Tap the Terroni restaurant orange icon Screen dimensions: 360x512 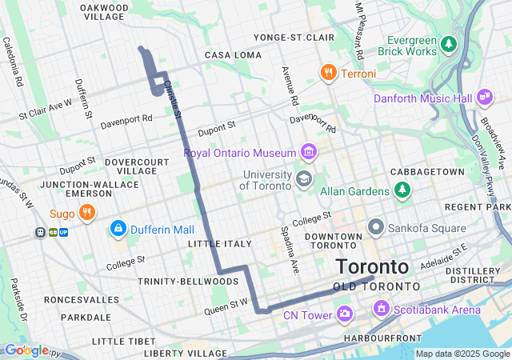tap(328, 74)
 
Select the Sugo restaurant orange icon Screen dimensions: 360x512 tap(87, 213)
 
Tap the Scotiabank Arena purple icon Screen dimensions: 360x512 tap(381, 308)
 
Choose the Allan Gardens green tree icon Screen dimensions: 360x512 tap(402, 190)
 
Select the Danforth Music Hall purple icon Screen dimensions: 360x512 tap(484, 98)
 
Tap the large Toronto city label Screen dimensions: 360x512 tap(372, 267)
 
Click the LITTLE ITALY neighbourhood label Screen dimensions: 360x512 tap(214, 242)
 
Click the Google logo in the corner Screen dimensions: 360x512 tap(26, 350)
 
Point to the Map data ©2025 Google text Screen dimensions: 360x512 tap(462, 354)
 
